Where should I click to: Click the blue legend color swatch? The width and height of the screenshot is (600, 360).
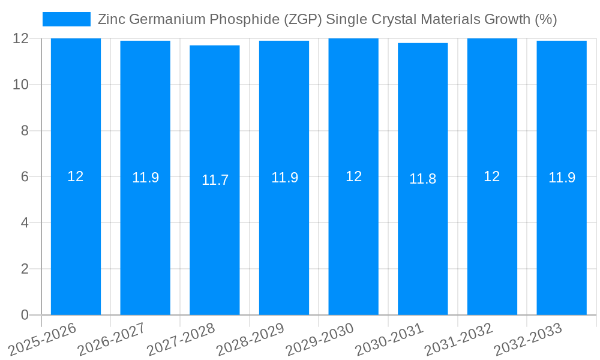click(x=66, y=19)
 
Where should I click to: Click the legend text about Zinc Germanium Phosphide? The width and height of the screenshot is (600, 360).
click(x=327, y=19)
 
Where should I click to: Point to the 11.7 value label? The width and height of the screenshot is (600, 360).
click(x=215, y=180)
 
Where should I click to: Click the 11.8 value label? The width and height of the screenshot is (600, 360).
click(x=423, y=179)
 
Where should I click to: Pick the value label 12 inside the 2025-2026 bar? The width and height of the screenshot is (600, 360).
click(x=76, y=176)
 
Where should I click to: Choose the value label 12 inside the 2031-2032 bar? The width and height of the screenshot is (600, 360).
click(x=492, y=176)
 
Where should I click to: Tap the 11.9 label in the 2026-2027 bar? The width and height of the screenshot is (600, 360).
click(x=145, y=178)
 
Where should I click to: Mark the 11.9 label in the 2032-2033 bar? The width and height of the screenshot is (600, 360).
click(x=562, y=178)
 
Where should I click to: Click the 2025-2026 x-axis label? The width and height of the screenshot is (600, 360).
click(x=43, y=338)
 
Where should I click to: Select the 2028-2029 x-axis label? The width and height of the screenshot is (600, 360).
click(x=251, y=338)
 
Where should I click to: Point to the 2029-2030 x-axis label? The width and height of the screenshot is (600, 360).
click(x=320, y=338)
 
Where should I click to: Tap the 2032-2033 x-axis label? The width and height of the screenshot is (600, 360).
click(x=529, y=338)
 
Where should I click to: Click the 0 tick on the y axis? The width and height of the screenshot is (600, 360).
click(x=25, y=315)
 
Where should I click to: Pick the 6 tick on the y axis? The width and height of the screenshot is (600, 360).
click(x=25, y=177)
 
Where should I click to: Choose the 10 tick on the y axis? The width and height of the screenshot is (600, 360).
click(x=21, y=85)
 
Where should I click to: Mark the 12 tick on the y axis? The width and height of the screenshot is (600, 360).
click(x=21, y=38)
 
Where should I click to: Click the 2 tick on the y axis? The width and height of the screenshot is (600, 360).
click(x=25, y=269)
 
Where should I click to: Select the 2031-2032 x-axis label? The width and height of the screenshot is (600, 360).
click(x=459, y=338)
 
